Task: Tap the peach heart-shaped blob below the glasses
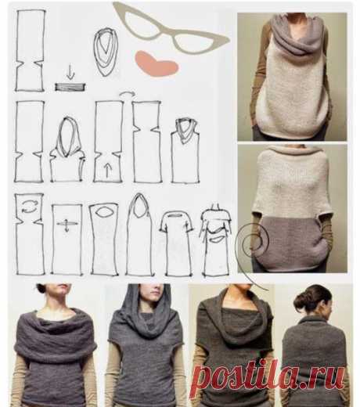(157, 63)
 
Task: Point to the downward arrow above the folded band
(70, 72)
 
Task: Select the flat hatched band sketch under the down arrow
(70, 87)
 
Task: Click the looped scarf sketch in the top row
(106, 52)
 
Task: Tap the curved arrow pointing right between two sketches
(128, 94)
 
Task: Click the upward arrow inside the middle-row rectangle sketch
(107, 170)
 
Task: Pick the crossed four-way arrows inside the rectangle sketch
(67, 225)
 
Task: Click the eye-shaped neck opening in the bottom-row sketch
(104, 212)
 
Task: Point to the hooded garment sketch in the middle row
(67, 149)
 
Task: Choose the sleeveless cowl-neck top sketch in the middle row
(185, 150)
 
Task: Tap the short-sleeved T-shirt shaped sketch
(177, 243)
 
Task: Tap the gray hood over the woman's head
(146, 311)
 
